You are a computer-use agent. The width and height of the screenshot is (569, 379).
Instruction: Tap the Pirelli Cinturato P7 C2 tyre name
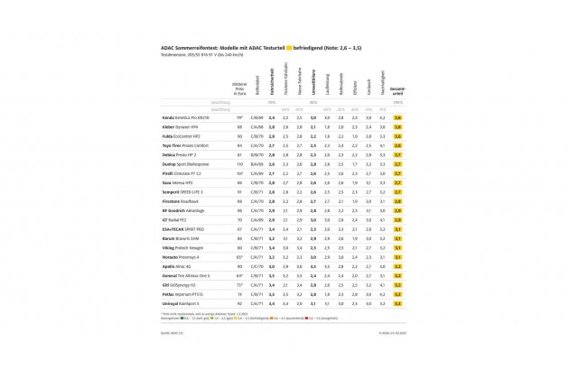pyautogui.click(x=182, y=172)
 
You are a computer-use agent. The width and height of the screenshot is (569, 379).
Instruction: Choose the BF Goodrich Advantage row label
pyautogui.click(x=182, y=210)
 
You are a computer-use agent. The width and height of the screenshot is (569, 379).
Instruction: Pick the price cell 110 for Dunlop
pyautogui.click(x=239, y=163)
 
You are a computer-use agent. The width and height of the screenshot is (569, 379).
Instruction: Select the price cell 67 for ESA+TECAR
pyautogui.click(x=239, y=228)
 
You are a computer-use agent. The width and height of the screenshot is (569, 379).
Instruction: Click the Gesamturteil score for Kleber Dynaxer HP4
pyautogui.click(x=398, y=126)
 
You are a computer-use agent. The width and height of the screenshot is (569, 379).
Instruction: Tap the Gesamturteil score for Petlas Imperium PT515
pyautogui.click(x=398, y=294)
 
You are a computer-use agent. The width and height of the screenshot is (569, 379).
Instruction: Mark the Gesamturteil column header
pyautogui.click(x=398, y=90)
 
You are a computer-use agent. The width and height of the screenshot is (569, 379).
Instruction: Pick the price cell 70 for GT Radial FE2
pyautogui.click(x=239, y=219)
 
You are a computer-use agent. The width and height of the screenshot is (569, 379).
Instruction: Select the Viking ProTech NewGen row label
pyautogui.click(x=182, y=247)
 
